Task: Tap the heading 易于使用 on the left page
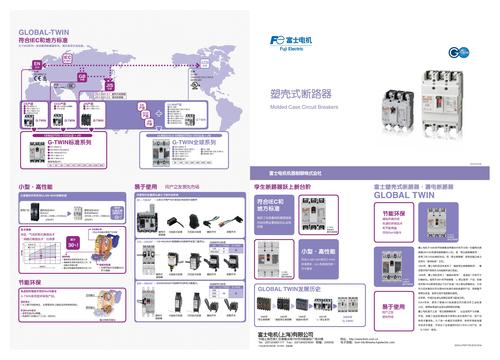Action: pyautogui.click(x=149, y=187)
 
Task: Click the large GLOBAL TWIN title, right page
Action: pyautogui.click(x=413, y=197)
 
